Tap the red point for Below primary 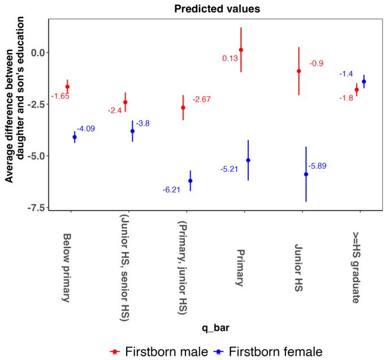67,87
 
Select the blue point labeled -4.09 75,137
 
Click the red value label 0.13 230,58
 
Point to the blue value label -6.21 171,190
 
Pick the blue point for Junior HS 306,174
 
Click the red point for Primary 241,50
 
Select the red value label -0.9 316,63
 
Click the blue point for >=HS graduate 364,82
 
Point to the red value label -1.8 347,98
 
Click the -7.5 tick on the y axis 33,208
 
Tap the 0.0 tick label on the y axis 36,53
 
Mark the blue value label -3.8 142,123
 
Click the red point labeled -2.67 183,108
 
